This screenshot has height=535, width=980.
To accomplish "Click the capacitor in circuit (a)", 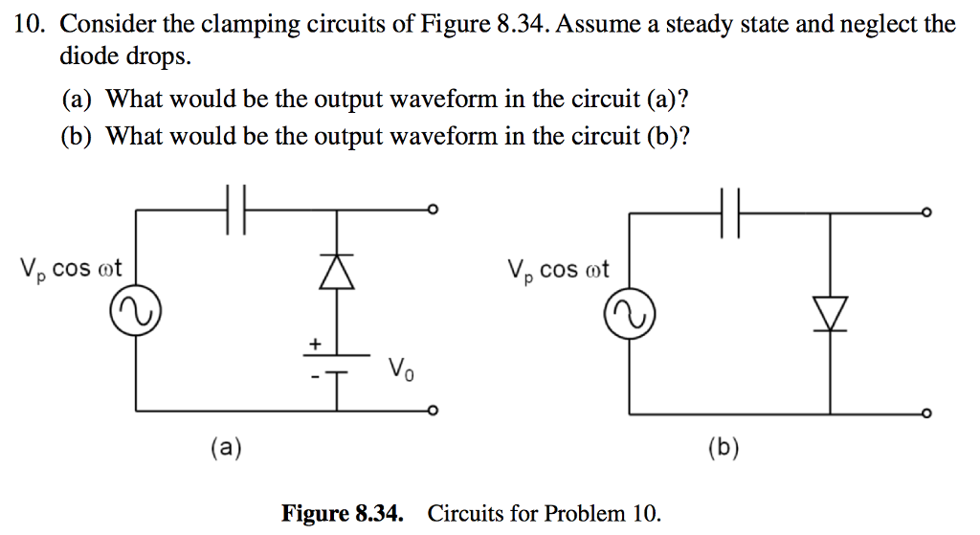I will [236, 211].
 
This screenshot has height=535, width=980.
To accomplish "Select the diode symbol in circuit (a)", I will [336, 272].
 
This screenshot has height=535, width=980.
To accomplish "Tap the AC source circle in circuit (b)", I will [630, 317].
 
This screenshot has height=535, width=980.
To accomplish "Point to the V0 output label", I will [401, 368].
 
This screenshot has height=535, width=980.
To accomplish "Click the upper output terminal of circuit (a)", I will [433, 211].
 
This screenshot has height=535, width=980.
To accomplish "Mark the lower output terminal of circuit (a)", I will [433, 412].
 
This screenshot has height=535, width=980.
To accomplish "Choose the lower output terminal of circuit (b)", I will [925, 413].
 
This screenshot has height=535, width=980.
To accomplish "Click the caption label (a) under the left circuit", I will [227, 446].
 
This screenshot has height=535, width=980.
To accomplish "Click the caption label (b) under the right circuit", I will [723, 448].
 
